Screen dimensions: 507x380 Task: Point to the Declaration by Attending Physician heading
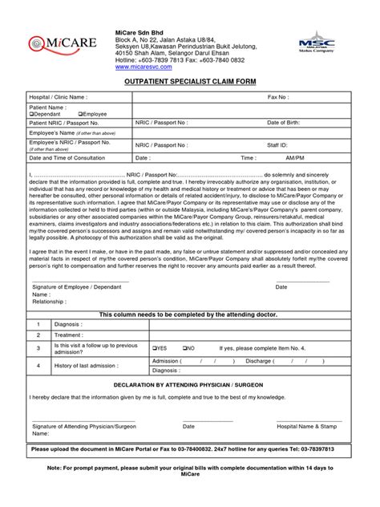click(189, 384)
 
